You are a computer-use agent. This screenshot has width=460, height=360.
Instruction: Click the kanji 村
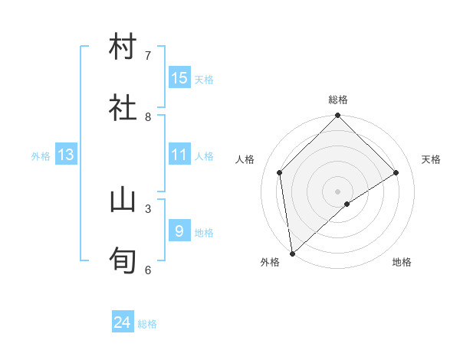[x=123, y=47]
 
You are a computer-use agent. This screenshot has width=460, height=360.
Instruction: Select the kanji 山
[x=123, y=201]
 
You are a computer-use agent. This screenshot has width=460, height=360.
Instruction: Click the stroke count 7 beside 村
[x=148, y=55]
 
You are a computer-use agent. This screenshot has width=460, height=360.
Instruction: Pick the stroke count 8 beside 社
[x=148, y=116]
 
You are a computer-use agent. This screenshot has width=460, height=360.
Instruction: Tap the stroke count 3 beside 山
[x=148, y=208]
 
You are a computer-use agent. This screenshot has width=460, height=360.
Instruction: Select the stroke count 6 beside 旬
[x=148, y=270]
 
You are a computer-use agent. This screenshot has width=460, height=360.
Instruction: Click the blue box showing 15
[x=179, y=78]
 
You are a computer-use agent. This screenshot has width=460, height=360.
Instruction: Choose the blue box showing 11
[x=179, y=155]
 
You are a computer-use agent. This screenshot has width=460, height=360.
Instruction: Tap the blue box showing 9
[x=179, y=231]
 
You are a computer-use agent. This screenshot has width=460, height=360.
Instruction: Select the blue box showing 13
[x=66, y=155]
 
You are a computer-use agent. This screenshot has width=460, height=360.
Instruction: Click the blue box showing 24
[x=123, y=323]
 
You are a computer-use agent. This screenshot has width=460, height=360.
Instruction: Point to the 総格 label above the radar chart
[x=338, y=100]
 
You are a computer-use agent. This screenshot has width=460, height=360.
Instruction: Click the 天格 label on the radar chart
[x=432, y=159]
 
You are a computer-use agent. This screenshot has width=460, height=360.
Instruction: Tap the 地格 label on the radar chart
[x=402, y=262]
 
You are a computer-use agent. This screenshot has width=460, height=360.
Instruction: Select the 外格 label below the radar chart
[x=270, y=262]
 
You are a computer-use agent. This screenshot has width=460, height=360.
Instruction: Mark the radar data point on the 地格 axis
[x=347, y=204]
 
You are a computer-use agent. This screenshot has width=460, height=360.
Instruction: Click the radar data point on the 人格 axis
[x=280, y=172]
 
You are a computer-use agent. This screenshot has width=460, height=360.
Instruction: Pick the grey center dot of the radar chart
[x=338, y=191]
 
